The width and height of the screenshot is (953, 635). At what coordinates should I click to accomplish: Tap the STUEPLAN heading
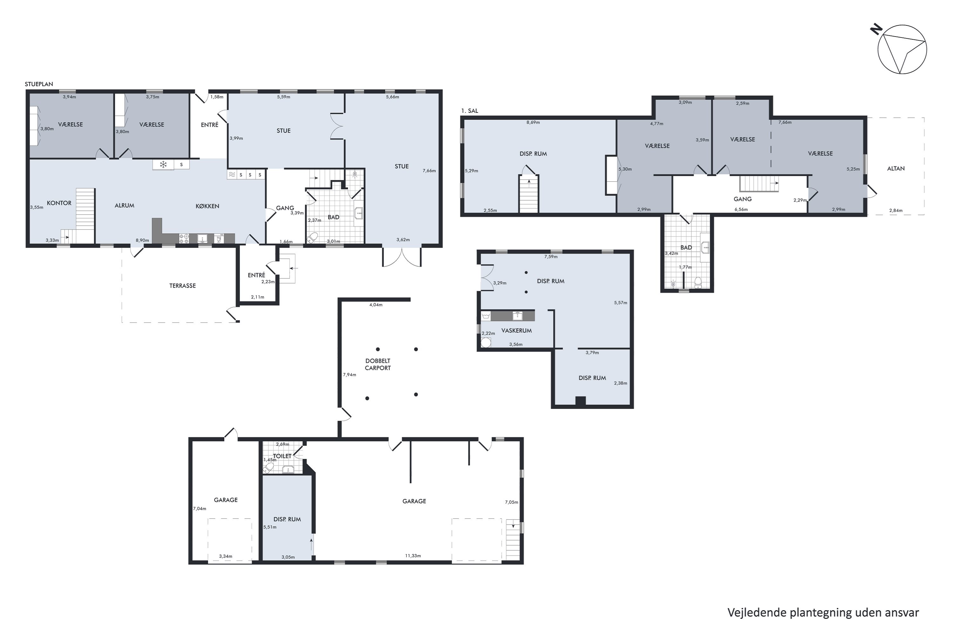pyautogui.click(x=39, y=84)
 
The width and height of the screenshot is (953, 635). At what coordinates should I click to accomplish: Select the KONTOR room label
pyautogui.click(x=59, y=203)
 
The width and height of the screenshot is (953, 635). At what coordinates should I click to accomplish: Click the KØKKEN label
pyautogui.click(x=207, y=206)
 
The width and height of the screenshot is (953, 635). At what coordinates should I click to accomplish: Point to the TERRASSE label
pyautogui.click(x=182, y=285)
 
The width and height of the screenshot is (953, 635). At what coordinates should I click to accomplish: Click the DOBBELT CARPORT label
pyautogui.click(x=378, y=364)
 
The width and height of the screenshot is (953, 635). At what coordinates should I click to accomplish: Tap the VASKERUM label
pyautogui.click(x=516, y=331)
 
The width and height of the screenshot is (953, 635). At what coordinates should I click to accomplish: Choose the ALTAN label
pyautogui.click(x=896, y=169)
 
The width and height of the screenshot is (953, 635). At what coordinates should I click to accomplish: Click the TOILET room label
pyautogui.click(x=282, y=456)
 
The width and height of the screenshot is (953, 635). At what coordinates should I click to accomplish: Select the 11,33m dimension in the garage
pyautogui.click(x=413, y=556)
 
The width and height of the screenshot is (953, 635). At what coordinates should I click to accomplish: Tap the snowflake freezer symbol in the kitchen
pyautogui.click(x=163, y=164)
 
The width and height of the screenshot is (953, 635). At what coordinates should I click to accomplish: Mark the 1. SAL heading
pyautogui.click(x=469, y=110)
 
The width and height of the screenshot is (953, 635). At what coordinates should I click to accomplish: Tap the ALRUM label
pyautogui.click(x=125, y=205)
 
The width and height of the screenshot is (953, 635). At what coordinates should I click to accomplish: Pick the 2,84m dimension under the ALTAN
pyautogui.click(x=896, y=210)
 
